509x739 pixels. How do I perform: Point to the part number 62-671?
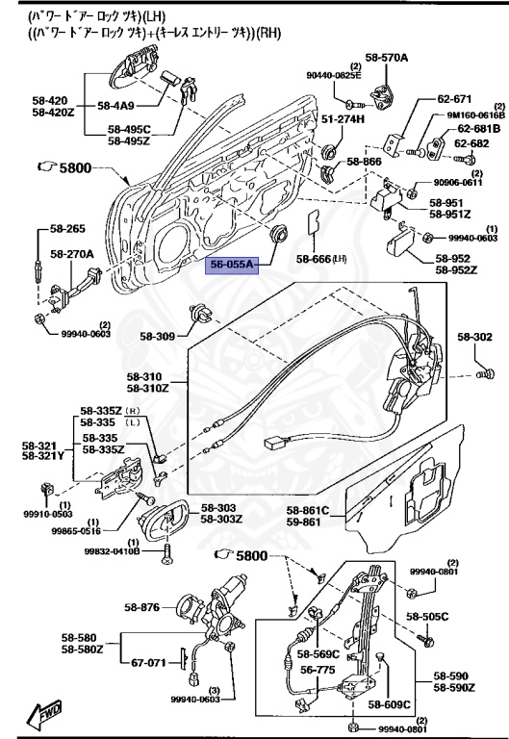[455, 99]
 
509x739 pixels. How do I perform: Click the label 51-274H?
[344, 118]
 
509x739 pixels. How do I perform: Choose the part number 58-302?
[474, 338]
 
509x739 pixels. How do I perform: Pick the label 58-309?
[158, 337]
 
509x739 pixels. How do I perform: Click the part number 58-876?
[142, 607]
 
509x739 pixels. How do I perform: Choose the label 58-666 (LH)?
[321, 258]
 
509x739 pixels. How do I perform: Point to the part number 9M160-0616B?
[473, 114]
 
